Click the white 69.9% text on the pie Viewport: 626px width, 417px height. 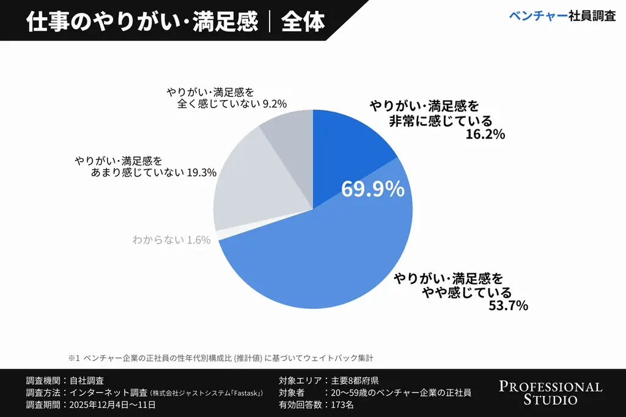tap(373, 189)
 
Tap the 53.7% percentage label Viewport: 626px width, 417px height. tap(508, 305)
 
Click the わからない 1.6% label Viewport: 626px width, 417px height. tap(171, 240)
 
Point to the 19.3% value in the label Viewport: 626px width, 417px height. tap(202, 173)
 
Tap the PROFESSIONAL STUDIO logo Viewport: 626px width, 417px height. tap(550, 393)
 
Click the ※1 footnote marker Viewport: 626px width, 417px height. tap(73, 357)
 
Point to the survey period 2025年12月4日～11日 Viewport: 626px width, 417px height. tap(113, 404)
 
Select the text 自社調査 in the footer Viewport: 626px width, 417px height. tap(87, 380)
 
